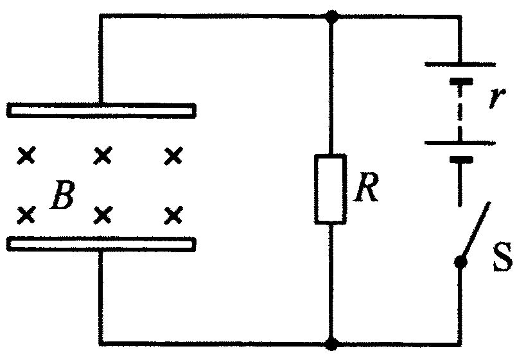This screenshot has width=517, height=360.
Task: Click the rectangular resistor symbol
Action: (331, 189)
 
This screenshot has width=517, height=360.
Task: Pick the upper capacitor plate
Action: (101, 111)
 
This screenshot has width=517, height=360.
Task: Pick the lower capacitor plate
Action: (101, 244)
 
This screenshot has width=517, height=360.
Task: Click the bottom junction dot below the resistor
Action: (331, 345)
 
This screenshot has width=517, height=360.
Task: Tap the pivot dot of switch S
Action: (460, 262)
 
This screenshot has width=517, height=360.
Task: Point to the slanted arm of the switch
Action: (477, 232)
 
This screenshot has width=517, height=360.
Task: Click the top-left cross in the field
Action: (26, 155)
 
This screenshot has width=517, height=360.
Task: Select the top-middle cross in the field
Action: (101, 155)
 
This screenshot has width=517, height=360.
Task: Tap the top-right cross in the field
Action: (172, 155)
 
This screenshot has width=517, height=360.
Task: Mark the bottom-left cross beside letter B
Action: (26, 214)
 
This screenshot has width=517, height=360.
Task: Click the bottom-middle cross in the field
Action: (101, 214)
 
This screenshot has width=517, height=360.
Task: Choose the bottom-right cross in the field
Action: (172, 214)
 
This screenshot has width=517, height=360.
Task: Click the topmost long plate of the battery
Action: (460, 64)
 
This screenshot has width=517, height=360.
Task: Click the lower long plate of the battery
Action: (460, 142)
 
